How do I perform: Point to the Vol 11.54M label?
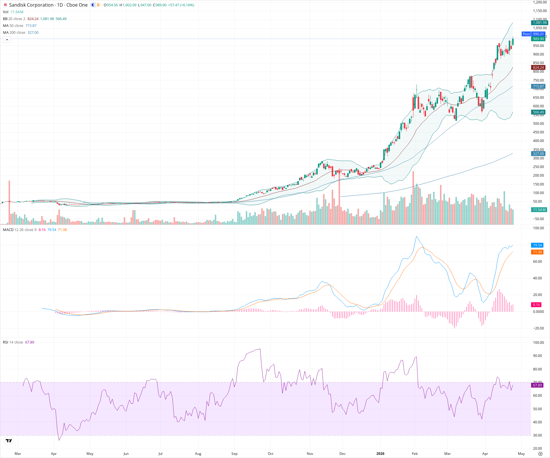click(13, 12)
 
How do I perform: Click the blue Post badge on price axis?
click(526, 34)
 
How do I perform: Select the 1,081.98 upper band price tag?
click(539, 23)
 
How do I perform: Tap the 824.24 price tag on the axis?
click(538, 68)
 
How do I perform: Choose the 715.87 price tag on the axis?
click(538, 86)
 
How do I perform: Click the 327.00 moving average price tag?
click(538, 154)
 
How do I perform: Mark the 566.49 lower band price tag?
click(538, 112)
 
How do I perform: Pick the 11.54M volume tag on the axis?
click(539, 210)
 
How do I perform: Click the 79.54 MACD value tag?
click(537, 245)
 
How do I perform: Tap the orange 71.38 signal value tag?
click(537, 252)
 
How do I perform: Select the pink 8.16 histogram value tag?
click(536, 305)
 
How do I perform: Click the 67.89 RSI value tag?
click(537, 385)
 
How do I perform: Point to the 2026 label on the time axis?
click(380, 454)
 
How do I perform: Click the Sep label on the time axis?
click(234, 454)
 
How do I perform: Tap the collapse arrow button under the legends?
click(7, 40)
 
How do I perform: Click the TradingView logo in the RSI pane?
click(9, 441)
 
